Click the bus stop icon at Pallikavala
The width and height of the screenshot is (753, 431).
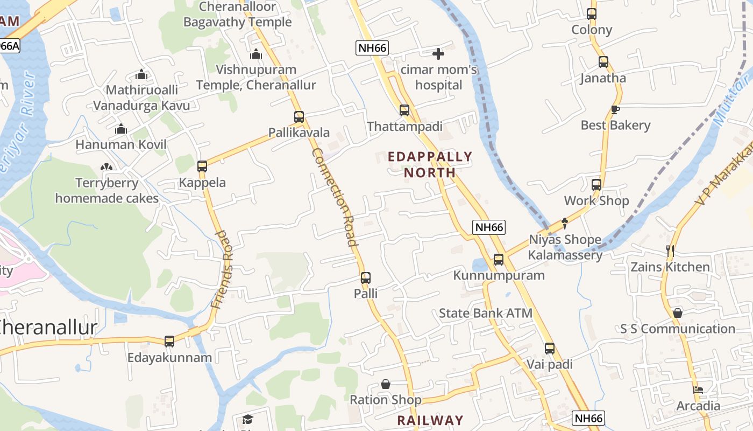pyautogui.click(x=299, y=116)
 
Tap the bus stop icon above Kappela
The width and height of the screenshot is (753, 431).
pyautogui.click(x=202, y=166)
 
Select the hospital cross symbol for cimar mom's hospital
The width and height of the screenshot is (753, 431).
pyautogui.click(x=438, y=54)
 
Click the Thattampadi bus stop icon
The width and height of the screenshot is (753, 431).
pyautogui.click(x=404, y=110)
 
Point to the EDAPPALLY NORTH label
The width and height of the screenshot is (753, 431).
pyautogui.click(x=430, y=164)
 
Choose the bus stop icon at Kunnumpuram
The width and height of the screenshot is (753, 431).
pyautogui.click(x=499, y=260)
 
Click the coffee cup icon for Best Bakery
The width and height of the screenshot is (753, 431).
pyautogui.click(x=615, y=109)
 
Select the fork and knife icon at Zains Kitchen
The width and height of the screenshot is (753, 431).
pyautogui.click(x=670, y=251)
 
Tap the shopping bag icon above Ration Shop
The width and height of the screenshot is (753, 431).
pyautogui.click(x=386, y=384)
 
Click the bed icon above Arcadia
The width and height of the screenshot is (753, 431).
pyautogui.click(x=698, y=390)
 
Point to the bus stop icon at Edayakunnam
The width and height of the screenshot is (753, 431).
pyautogui.click(x=169, y=341)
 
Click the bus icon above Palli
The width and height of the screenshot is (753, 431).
pyautogui.click(x=366, y=278)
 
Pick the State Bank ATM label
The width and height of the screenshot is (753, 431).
pyautogui.click(x=486, y=313)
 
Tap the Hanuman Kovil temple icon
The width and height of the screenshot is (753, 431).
pyautogui.click(x=121, y=129)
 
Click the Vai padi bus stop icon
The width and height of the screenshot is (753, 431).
pyautogui.click(x=549, y=349)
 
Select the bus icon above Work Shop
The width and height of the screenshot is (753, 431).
pyautogui.click(x=596, y=185)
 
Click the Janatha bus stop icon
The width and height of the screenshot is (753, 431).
pyautogui.click(x=603, y=62)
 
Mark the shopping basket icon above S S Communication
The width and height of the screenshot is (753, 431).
pyautogui.click(x=678, y=313)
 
